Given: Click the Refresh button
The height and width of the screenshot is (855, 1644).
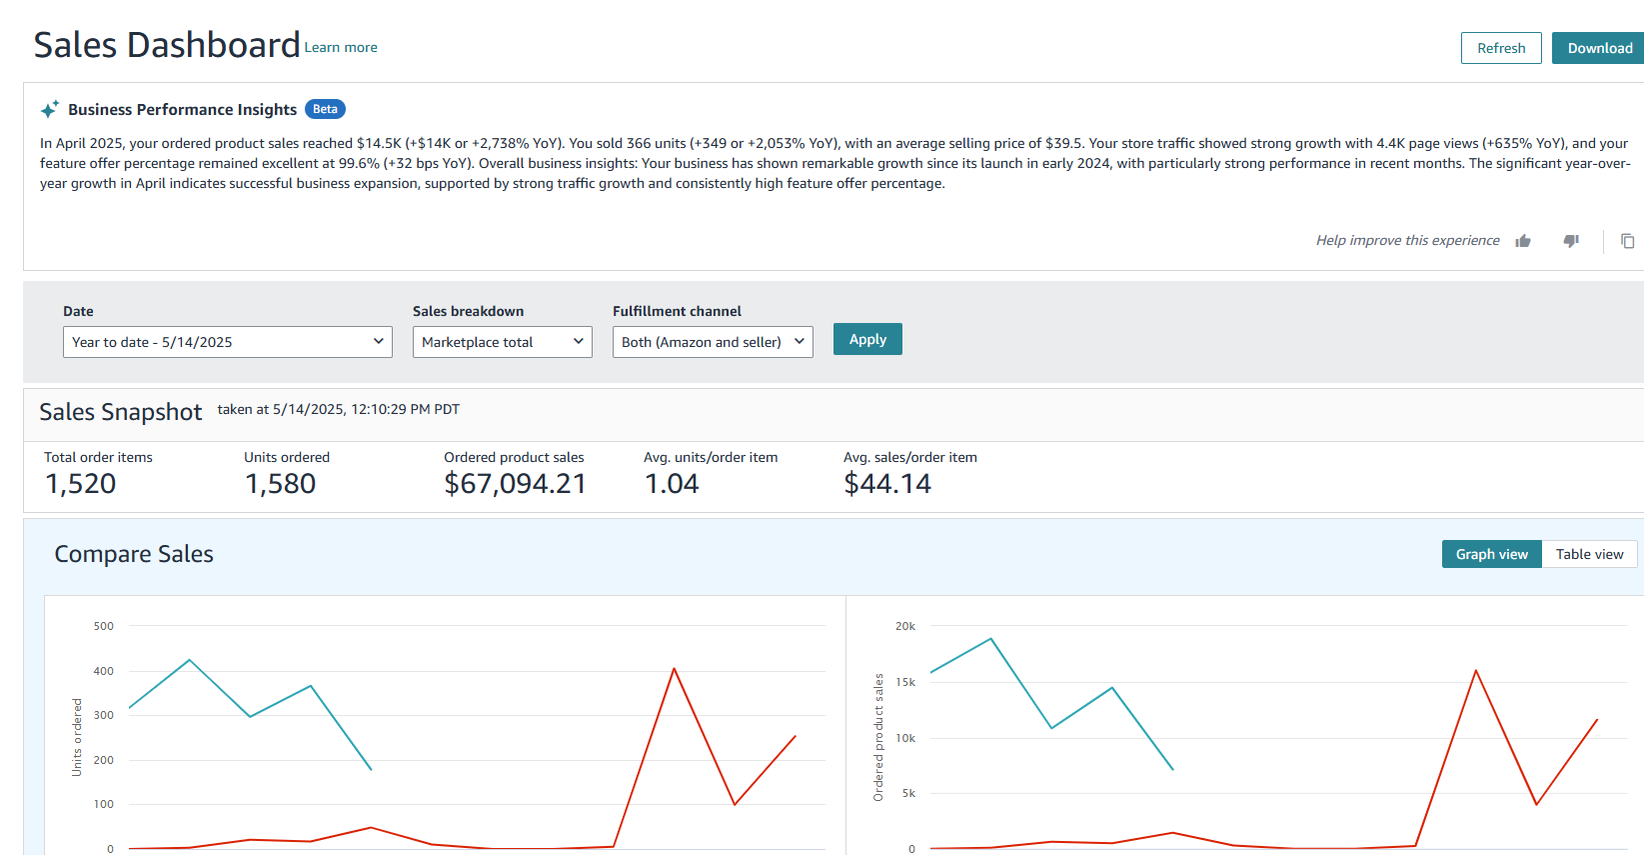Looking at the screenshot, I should pyautogui.click(x=1500, y=48).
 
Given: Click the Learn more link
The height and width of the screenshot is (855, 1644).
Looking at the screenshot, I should pyautogui.click(x=341, y=47).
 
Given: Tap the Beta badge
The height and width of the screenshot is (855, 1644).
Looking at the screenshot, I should pyautogui.click(x=325, y=109).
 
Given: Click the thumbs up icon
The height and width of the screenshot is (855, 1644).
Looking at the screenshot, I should pyautogui.click(x=1523, y=241).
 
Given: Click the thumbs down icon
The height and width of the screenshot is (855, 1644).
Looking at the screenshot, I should pyautogui.click(x=1571, y=241).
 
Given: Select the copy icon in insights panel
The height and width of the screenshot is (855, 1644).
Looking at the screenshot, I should pyautogui.click(x=1627, y=241).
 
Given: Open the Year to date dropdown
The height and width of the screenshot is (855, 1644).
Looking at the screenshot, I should pyautogui.click(x=228, y=342).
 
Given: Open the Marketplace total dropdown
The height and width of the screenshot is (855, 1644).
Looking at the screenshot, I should pyautogui.click(x=502, y=342).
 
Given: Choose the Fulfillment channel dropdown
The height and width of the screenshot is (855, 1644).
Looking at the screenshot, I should pyautogui.click(x=713, y=342).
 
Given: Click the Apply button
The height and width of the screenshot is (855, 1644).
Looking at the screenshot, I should pyautogui.click(x=867, y=339).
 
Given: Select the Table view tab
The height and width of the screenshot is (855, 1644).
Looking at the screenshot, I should pyautogui.click(x=1589, y=554).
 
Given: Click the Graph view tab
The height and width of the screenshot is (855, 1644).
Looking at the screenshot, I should pyautogui.click(x=1491, y=554).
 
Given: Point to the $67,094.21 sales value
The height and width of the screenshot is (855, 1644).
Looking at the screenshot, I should pyautogui.click(x=515, y=484).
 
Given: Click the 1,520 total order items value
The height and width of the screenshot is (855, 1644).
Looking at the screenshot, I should pyautogui.click(x=81, y=484).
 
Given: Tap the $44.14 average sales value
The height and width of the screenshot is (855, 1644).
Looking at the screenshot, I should pyautogui.click(x=887, y=484).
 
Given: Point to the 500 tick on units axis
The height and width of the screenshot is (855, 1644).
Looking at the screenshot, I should pyautogui.click(x=104, y=626).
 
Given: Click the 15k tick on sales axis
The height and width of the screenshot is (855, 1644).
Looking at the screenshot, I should pyautogui.click(x=905, y=682).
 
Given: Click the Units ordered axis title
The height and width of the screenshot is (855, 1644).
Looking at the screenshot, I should pyautogui.click(x=77, y=737).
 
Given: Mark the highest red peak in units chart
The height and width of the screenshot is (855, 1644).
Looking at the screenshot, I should pyautogui.click(x=675, y=668).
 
